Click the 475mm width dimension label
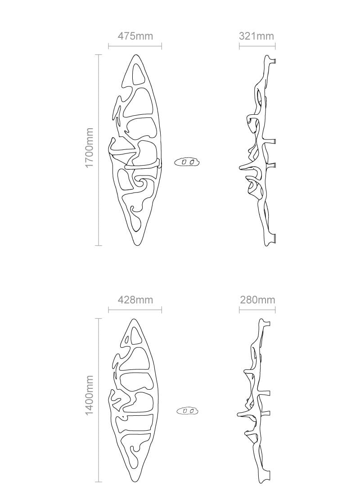click(x=135, y=36)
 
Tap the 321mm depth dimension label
click(x=256, y=36)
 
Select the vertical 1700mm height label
click(x=89, y=148)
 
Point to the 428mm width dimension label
click(x=135, y=299)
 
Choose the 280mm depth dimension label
click(x=257, y=299)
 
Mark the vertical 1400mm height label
click(x=89, y=395)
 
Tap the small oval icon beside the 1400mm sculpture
click(x=188, y=410)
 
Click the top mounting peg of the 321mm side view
click(x=273, y=60)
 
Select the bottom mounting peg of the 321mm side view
click(x=273, y=236)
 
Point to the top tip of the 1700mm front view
click(x=135, y=55)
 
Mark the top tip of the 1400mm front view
click(x=135, y=319)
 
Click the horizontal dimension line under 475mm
click(x=135, y=46)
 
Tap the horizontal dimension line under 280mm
click(x=257, y=310)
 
